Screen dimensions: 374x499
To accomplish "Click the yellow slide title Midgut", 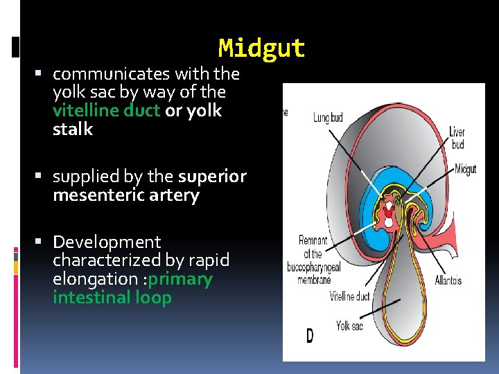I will pyautogui.click(x=261, y=48).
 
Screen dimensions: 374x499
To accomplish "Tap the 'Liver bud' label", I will pyautogui.click(x=457, y=138).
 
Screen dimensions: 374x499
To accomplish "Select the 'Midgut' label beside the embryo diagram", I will pyautogui.click(x=465, y=169).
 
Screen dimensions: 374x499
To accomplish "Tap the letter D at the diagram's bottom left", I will pyautogui.click(x=309, y=337).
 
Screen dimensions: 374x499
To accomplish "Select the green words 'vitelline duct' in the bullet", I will pyautogui.click(x=106, y=111).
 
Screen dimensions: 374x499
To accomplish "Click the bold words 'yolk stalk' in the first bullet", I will pyautogui.click(x=137, y=120).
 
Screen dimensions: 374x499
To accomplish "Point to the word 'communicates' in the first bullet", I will pyautogui.click(x=112, y=73).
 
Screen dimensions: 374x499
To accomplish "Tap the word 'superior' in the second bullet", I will pyautogui.click(x=212, y=177).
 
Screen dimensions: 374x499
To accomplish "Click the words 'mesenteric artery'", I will pyautogui.click(x=125, y=195).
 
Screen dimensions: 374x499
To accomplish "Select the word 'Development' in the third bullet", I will pyautogui.click(x=106, y=242).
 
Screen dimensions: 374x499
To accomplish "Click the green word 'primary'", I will pyautogui.click(x=180, y=279).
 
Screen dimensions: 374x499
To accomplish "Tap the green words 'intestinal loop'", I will pyautogui.click(x=112, y=298).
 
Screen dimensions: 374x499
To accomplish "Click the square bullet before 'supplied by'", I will pyautogui.click(x=43, y=177).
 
